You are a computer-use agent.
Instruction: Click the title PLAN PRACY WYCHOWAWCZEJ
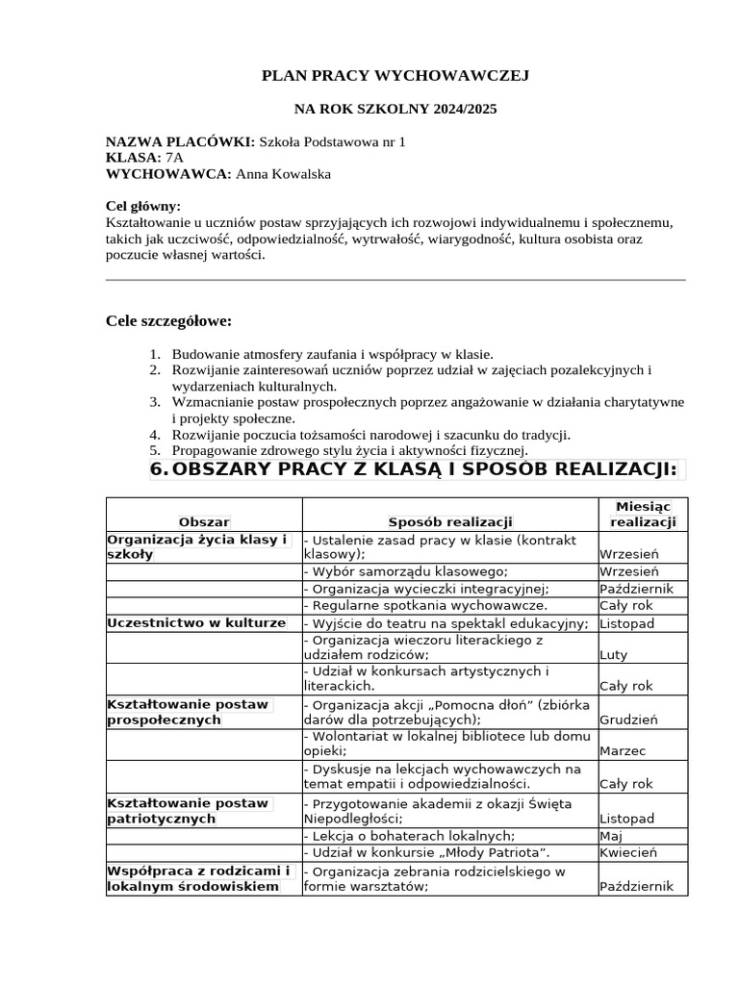click(x=395, y=75)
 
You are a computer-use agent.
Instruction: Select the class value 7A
click(x=174, y=158)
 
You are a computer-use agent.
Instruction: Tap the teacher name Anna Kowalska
click(x=291, y=174)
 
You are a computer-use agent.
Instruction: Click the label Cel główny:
click(x=142, y=206)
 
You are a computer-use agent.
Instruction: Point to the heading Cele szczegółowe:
click(x=168, y=320)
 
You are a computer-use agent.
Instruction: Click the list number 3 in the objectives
click(x=157, y=401)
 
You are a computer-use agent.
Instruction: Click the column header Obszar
click(x=204, y=522)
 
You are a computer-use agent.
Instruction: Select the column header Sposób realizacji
click(x=450, y=522)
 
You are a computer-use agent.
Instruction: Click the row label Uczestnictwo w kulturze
click(x=196, y=623)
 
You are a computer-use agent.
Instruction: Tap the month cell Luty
click(x=613, y=655)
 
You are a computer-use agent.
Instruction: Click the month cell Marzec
click(x=623, y=751)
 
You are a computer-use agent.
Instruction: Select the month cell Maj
click(x=611, y=835)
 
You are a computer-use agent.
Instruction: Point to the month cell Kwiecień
click(x=627, y=852)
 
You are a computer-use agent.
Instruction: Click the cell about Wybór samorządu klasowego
click(x=405, y=571)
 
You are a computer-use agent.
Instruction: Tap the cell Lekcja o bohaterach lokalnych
click(x=409, y=835)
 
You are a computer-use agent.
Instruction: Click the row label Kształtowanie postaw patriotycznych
click(x=189, y=810)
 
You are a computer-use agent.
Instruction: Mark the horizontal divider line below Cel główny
click(x=395, y=280)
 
